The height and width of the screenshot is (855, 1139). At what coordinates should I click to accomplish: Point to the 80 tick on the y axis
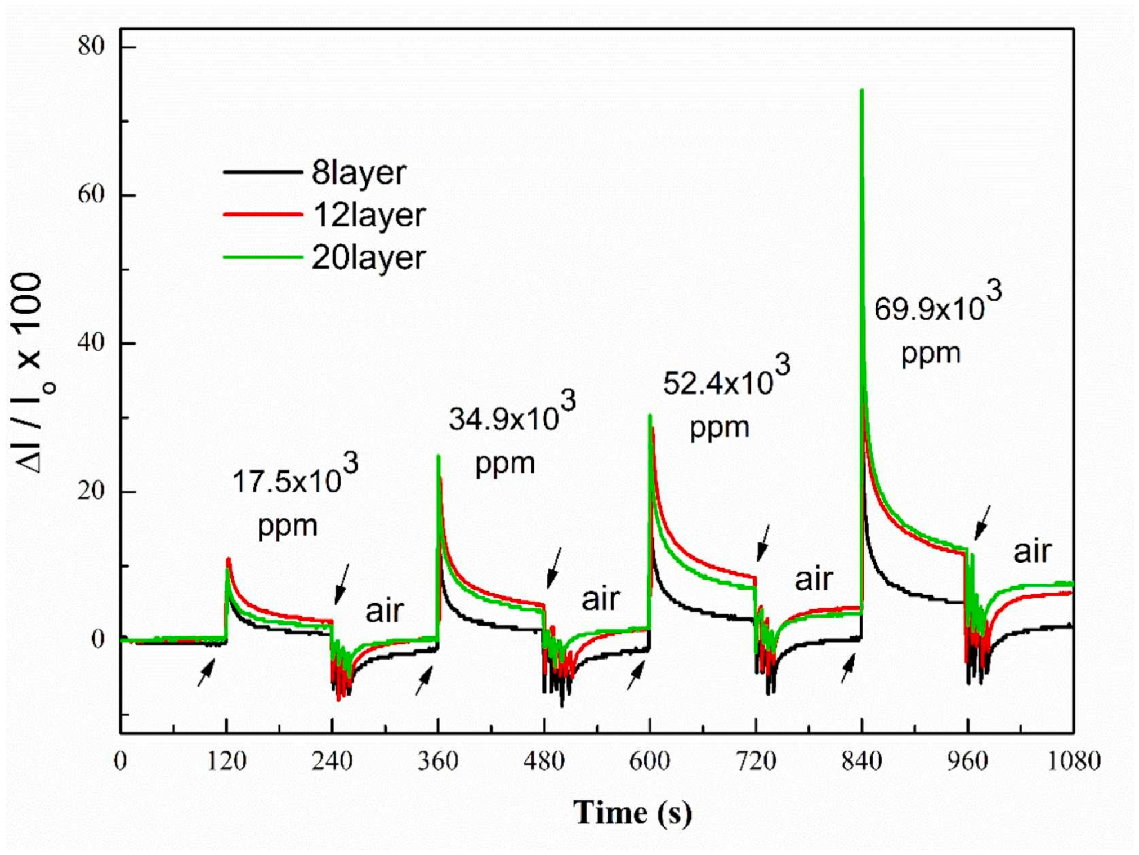[x=91, y=46]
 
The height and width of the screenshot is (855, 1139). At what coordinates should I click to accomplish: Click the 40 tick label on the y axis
[x=91, y=342]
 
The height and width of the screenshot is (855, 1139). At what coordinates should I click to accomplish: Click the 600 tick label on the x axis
[x=649, y=762]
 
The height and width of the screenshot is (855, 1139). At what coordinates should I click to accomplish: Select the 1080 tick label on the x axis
[x=1074, y=762]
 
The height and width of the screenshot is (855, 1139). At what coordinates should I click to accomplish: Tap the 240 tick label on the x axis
[x=332, y=762]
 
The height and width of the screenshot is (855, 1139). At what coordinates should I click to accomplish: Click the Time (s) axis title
[x=632, y=813]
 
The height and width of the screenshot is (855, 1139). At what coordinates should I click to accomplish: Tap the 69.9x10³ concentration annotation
[x=937, y=307]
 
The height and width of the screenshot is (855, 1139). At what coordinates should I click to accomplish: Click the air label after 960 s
[x=1032, y=551]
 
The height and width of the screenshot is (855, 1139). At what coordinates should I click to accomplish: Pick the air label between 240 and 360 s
[x=385, y=611]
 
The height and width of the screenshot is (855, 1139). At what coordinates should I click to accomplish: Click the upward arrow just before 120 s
[x=206, y=673]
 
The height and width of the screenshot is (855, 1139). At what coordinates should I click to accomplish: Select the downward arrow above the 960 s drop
[x=982, y=522]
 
